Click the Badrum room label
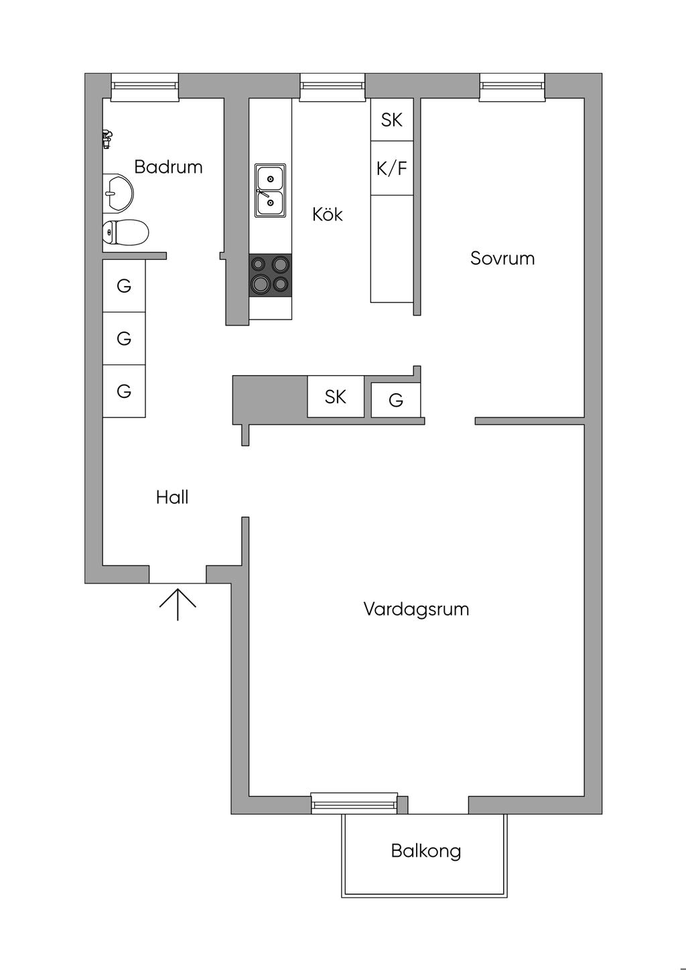tap(168, 167)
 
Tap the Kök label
tap(328, 214)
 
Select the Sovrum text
tap(502, 258)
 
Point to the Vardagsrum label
tap(416, 609)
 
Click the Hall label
tap(172, 498)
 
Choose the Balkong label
tap(426, 851)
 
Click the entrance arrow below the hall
tap(178, 604)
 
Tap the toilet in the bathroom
tap(125, 232)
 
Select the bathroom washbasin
tap(118, 194)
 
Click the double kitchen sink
tap(270, 190)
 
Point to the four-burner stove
tap(270, 275)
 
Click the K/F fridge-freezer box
tap(392, 168)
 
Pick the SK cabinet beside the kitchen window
tap(392, 119)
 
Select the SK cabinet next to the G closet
tap(336, 397)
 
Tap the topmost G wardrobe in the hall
tap(124, 286)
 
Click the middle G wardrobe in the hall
tap(124, 338)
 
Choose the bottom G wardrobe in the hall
tap(124, 391)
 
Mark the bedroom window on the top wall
tap(511, 88)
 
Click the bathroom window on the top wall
tap(145, 88)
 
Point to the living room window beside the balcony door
tap(354, 803)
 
